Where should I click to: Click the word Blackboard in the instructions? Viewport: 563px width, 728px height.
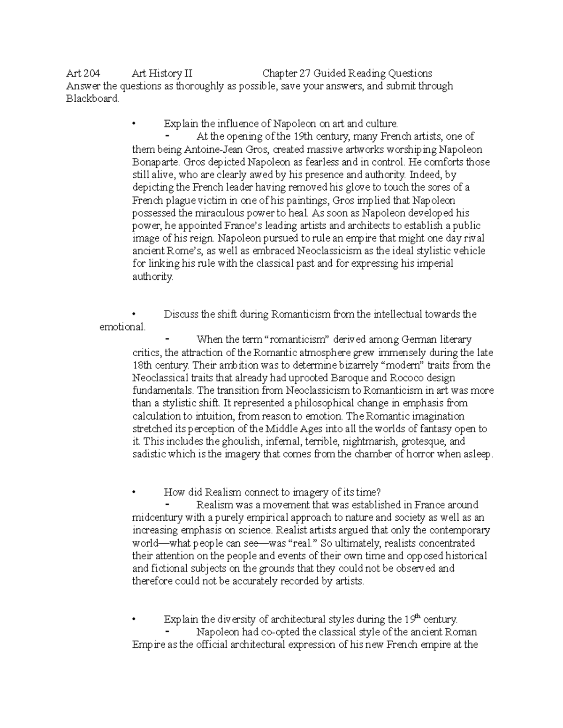(x=92, y=99)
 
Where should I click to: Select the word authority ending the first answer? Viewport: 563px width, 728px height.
(x=152, y=277)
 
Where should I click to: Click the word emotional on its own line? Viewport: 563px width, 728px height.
(x=122, y=327)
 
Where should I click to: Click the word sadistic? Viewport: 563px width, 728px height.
(x=149, y=454)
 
